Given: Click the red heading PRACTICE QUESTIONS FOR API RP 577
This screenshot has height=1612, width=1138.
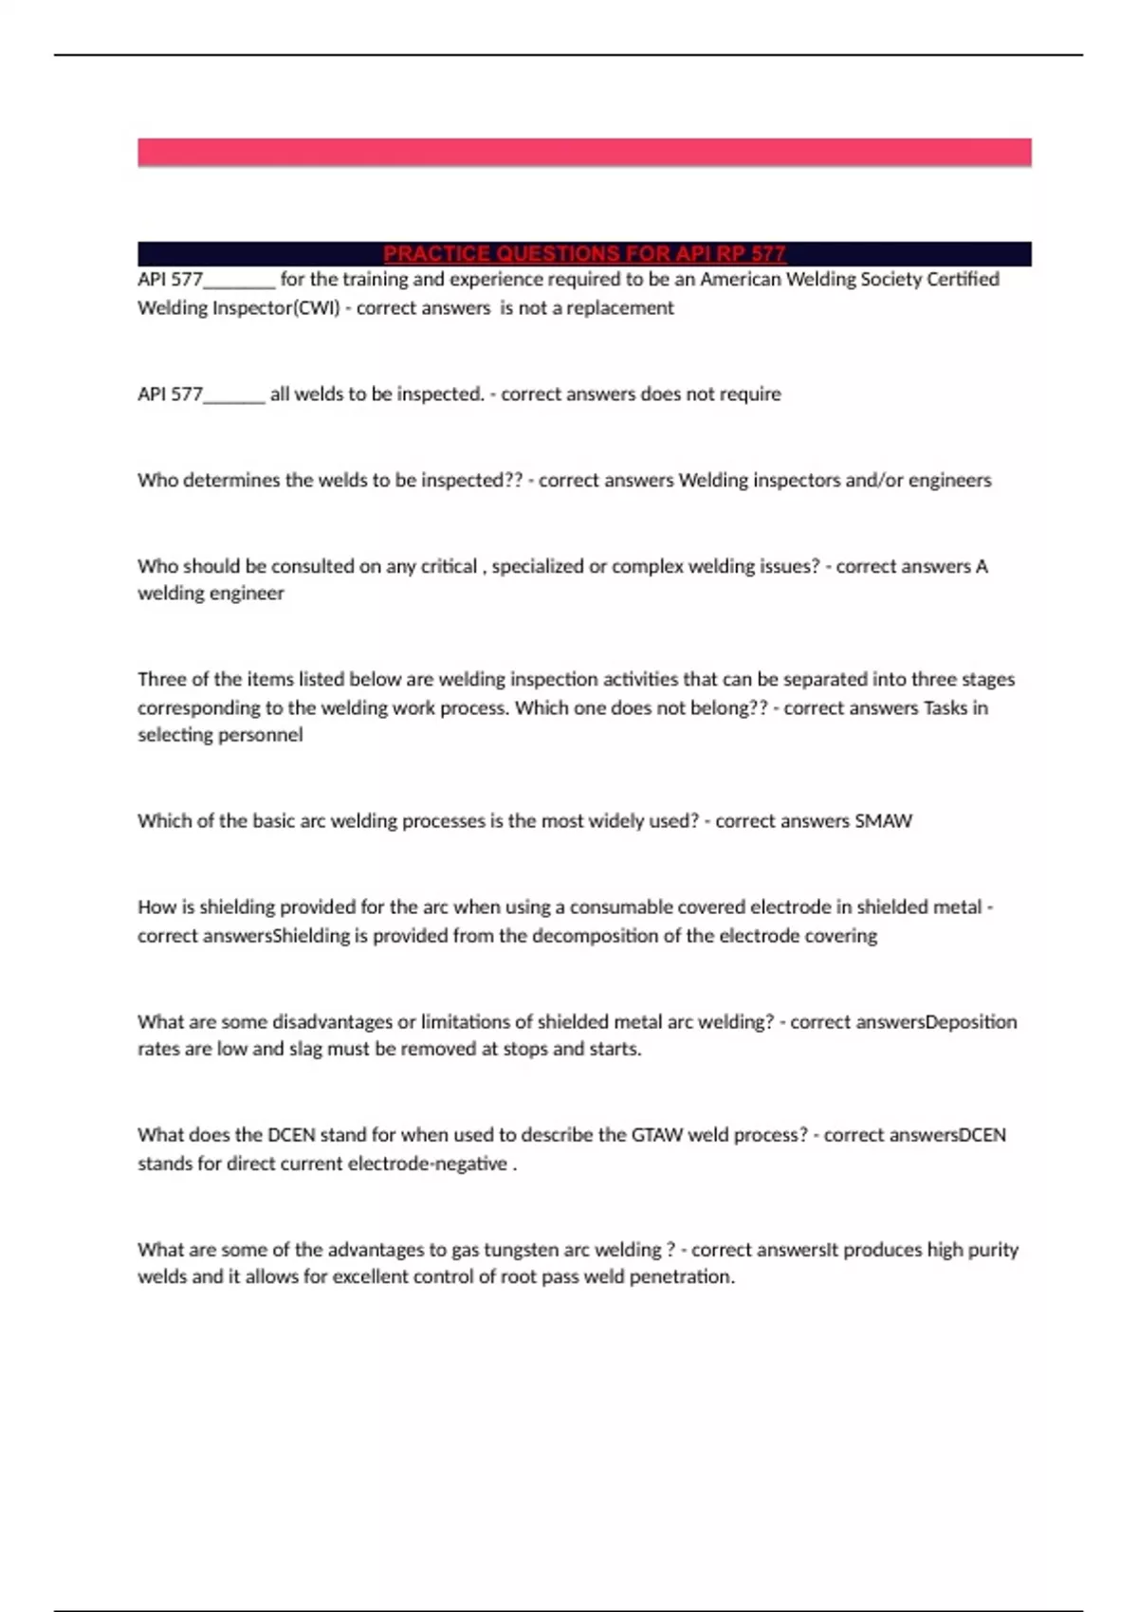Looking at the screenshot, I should pyautogui.click(x=584, y=254).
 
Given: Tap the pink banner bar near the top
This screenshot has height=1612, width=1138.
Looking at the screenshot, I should pyautogui.click(x=584, y=152).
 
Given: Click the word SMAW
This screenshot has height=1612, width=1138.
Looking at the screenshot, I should pyautogui.click(x=883, y=821).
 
